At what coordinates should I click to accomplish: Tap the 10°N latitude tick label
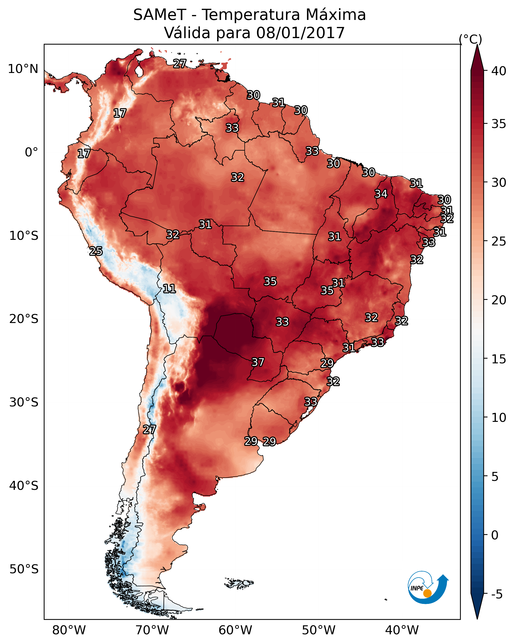[23, 69]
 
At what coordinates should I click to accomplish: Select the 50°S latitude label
[24, 569]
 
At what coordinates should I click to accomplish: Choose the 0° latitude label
[31, 152]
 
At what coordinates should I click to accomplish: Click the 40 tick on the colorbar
[499, 71]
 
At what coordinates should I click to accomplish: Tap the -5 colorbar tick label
[497, 594]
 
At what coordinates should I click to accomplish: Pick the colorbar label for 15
[499, 359]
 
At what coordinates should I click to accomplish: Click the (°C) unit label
[470, 39]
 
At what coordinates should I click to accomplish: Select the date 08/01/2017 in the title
[300, 33]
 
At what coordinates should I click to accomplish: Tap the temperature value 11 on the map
[169, 289]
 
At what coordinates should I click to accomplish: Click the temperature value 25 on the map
[96, 251]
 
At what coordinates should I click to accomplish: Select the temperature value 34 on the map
[381, 194]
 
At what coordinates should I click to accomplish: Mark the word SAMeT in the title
[160, 15]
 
